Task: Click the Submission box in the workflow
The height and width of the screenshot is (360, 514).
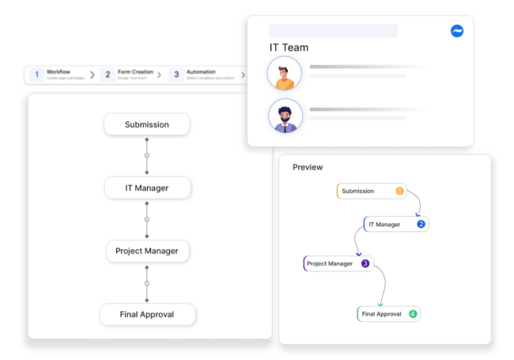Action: coord(147,124)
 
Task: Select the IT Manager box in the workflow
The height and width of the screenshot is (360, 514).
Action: coord(147,188)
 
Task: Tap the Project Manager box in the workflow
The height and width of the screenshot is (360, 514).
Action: coord(147,251)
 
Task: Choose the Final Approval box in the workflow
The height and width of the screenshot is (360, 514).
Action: coord(147,314)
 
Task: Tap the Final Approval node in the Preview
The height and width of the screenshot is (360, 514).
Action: coord(383,314)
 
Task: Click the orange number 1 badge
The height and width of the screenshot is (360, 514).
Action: coord(399,191)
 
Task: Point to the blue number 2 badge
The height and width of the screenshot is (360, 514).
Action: coord(421,224)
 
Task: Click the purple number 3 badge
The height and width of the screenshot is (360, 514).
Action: coord(365,263)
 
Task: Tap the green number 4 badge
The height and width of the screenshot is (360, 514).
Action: coord(412,314)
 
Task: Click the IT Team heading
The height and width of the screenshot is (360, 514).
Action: coord(289,47)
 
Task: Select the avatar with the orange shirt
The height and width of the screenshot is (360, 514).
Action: coord(284,74)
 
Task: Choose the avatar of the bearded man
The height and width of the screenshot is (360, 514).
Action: coord(284,116)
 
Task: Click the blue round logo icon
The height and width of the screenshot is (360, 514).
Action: coord(456,31)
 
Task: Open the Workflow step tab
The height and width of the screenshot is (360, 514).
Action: coord(59,74)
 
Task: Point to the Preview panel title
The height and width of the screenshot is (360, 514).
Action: coord(308,167)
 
